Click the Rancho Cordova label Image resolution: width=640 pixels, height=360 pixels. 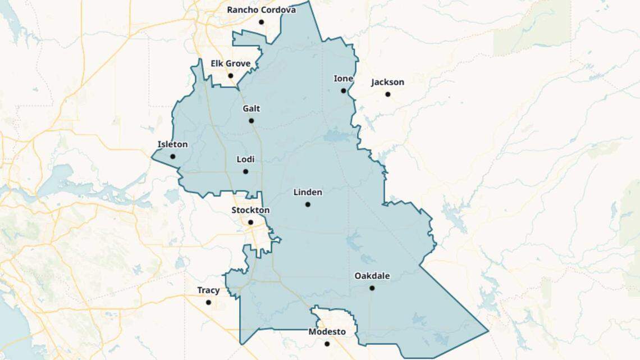pos(261,10)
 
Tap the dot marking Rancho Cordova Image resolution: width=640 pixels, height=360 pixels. pos(261,22)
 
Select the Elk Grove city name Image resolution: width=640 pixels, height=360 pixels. pos(230,63)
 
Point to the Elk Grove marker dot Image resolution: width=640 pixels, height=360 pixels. pos(230,76)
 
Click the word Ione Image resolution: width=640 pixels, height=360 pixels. pos(343,79)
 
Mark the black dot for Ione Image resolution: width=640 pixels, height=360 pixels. pos(343,90)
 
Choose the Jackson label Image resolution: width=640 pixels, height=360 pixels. pos(387,82)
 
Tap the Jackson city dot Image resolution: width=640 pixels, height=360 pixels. pos(387,94)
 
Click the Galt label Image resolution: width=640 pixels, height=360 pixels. pos(251,108)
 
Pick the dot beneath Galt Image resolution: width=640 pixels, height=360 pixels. pos(251,121)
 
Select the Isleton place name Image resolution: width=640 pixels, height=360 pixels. pos(172,144)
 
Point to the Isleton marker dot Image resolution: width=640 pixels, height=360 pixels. pos(172,157)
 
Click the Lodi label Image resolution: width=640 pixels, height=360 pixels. pos(245,160)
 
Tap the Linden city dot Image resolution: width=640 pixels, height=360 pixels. pos(308,204)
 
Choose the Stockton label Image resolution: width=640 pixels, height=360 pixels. pos(250,210)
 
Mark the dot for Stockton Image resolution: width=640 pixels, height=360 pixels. pos(250,222)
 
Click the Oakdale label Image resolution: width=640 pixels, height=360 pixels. pos(372,276)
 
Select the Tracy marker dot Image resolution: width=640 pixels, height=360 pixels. pos(208,302)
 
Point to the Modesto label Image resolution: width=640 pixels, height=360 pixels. pos(327,332)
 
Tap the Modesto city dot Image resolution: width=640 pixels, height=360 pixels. pos(327,344)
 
